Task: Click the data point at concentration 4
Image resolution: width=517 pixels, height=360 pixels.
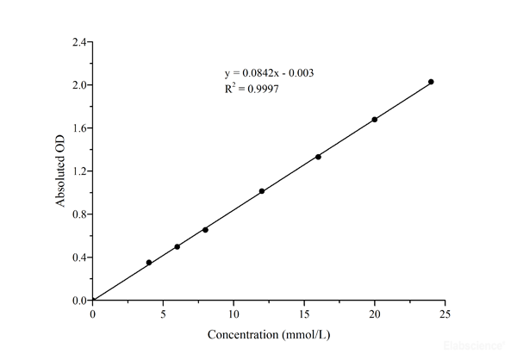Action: [149, 263]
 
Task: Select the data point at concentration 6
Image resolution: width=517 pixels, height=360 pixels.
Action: [178, 246]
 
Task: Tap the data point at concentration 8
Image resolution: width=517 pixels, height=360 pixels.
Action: [205, 229]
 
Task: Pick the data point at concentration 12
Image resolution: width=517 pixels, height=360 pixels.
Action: [262, 191]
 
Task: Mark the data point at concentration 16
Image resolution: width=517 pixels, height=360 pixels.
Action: [318, 157]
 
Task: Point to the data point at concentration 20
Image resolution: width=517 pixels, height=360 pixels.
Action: [375, 120]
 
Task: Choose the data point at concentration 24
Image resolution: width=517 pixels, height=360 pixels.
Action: [431, 82]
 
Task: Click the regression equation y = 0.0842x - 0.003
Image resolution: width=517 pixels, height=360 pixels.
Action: [268, 73]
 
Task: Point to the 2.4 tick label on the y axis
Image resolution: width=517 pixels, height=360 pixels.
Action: [79, 42]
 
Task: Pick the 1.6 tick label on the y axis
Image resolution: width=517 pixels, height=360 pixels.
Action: [79, 128]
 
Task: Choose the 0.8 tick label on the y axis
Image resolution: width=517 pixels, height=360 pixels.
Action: [79, 214]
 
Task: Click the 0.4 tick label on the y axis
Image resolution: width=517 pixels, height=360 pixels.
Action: [79, 258]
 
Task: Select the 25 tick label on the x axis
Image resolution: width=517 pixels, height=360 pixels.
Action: [445, 314]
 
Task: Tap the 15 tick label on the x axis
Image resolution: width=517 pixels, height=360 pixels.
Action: [304, 314]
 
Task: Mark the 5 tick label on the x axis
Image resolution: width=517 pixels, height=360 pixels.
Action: [164, 314]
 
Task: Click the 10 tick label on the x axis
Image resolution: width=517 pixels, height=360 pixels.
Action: [234, 314]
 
